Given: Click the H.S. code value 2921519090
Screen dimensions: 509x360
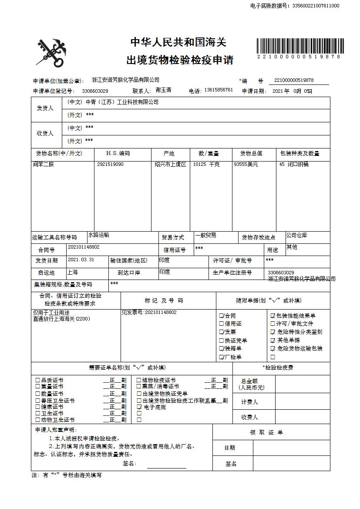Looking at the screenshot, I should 110,165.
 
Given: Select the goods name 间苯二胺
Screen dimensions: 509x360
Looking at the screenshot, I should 44,165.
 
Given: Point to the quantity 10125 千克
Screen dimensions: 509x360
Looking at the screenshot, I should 206,165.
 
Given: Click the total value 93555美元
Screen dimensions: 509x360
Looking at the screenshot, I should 246,165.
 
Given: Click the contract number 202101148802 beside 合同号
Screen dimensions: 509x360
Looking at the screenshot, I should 84,247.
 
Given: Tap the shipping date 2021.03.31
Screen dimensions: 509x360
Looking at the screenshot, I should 81,260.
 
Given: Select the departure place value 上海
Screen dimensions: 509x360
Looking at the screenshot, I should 73,272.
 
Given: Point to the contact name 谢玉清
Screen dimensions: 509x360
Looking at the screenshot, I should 163,90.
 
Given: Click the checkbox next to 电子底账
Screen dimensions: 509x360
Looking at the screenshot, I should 139,407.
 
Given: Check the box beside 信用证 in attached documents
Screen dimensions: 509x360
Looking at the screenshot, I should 222,324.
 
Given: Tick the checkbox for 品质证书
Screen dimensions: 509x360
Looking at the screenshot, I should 38,380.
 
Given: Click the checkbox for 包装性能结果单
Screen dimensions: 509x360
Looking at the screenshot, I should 273,316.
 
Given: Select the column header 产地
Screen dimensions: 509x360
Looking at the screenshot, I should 169,154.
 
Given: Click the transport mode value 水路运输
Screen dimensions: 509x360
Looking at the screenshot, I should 99,235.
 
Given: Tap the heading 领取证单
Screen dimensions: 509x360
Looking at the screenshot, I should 266,432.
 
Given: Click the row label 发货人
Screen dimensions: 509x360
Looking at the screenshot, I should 45,108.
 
